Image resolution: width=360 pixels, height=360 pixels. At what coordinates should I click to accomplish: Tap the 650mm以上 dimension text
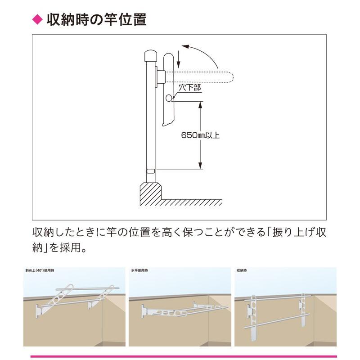[200, 135]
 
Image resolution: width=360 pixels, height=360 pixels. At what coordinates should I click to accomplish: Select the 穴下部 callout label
[189, 88]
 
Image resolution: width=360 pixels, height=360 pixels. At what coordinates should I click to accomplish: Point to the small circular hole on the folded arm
[168, 98]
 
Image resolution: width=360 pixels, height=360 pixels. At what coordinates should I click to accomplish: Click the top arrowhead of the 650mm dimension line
[200, 104]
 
